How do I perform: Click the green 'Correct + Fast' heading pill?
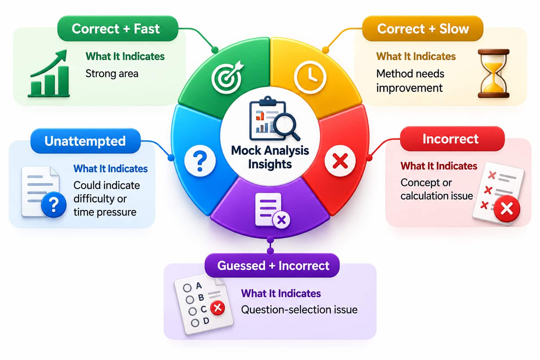118,29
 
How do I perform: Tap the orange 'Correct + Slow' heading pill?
423,29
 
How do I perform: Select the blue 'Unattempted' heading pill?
85,141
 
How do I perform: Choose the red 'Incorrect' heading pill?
452,139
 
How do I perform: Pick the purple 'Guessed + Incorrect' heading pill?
272,265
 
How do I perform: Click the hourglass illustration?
494,73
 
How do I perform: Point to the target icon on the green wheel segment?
227,77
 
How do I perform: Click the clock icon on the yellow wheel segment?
310,77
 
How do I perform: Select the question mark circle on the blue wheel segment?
200,161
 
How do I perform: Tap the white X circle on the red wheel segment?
340,161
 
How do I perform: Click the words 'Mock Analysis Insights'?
270,157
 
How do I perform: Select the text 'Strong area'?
112,74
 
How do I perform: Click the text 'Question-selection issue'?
299,310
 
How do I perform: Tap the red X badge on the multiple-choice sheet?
218,308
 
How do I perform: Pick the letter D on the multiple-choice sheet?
206,321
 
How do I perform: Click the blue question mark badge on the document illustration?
54,205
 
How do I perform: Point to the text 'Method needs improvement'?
410,81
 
